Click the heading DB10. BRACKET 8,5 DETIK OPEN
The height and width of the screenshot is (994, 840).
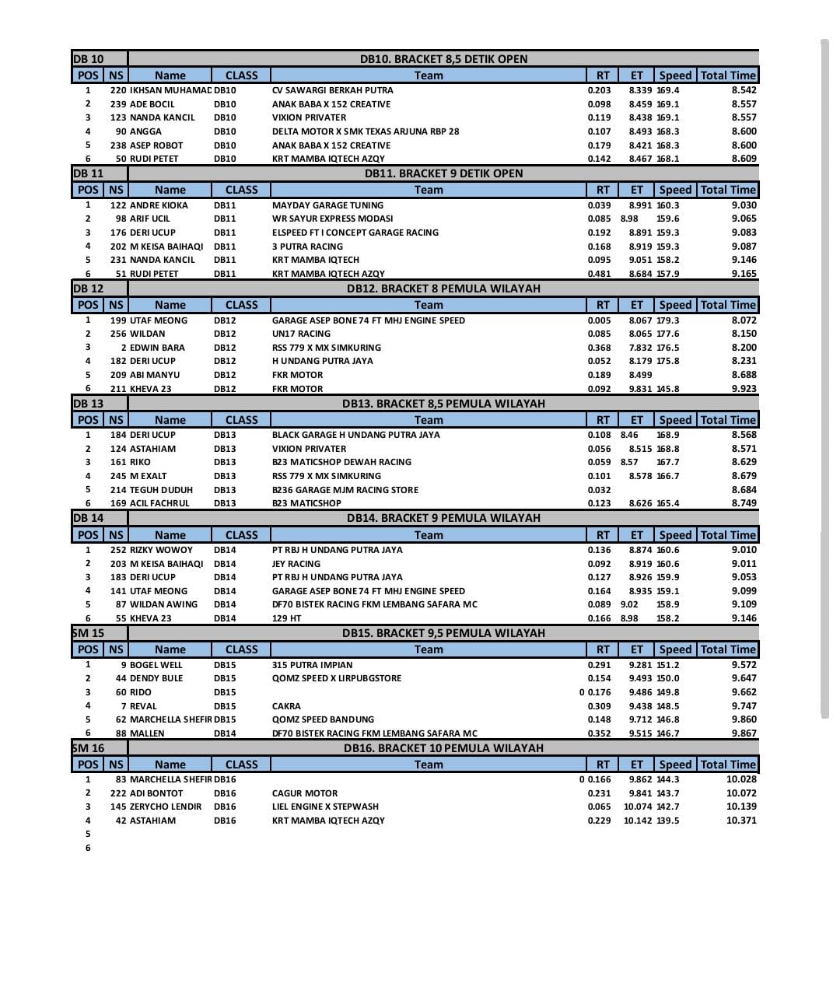click(443, 59)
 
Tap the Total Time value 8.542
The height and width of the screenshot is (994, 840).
click(744, 90)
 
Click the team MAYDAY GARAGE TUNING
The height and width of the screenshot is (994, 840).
click(327, 205)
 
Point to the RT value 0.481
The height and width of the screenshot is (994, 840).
click(599, 274)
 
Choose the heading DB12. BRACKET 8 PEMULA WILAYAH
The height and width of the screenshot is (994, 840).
click(443, 289)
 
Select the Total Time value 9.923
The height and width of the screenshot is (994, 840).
click(744, 389)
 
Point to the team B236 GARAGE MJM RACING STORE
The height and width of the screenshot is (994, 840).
click(345, 490)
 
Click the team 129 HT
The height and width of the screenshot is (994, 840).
click(286, 618)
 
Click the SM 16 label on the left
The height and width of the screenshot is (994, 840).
click(88, 748)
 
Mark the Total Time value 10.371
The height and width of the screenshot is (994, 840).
click(740, 821)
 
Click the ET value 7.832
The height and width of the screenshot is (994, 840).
click(640, 348)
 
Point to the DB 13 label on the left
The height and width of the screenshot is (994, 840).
click(88, 404)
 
